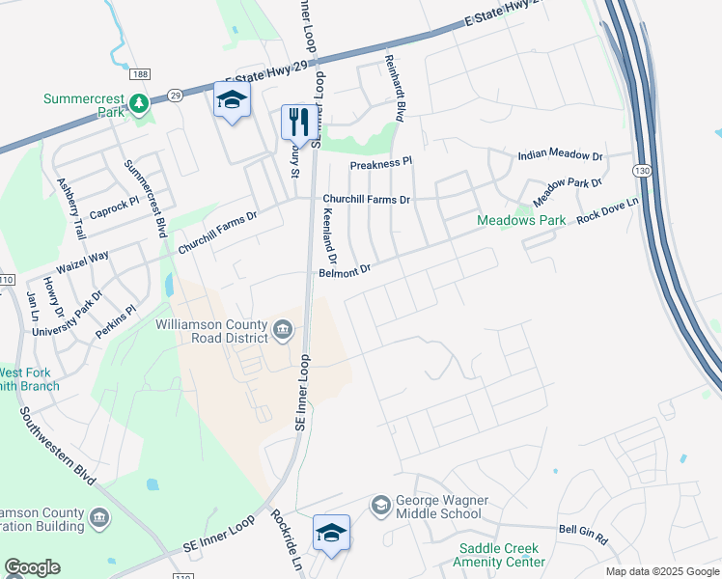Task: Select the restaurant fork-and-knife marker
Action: tap(295, 122)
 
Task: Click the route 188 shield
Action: tap(141, 74)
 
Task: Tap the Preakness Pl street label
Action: tap(380, 164)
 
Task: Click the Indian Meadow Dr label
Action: tap(560, 155)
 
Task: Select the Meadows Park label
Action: tap(521, 220)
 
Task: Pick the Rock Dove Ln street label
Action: tap(607, 211)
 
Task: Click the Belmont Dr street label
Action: tap(345, 272)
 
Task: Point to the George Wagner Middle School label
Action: tap(440, 507)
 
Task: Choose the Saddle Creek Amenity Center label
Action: tap(501, 555)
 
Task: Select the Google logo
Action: tap(32, 567)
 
